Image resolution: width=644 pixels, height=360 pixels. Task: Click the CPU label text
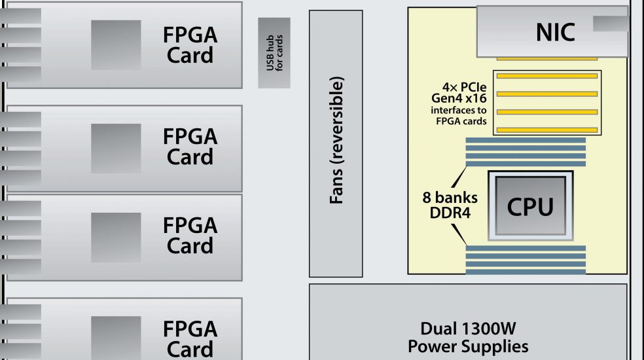[530, 206]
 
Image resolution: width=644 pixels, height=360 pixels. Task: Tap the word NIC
[555, 32]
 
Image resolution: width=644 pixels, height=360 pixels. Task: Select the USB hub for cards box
[274, 52]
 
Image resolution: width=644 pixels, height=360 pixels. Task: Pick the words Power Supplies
[468, 346]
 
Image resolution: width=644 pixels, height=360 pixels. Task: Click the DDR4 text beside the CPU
[450, 213]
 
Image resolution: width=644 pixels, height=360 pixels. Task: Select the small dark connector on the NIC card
[611, 24]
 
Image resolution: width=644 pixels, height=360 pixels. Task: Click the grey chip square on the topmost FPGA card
[116, 45]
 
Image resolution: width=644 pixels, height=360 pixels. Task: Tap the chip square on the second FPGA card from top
[116, 149]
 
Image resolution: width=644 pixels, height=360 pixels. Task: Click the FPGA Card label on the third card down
[190, 236]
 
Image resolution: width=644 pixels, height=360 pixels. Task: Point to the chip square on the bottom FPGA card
[116, 338]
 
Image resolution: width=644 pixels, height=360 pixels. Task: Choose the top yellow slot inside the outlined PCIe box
[546, 76]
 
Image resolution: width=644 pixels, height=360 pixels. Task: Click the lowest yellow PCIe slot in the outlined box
[546, 130]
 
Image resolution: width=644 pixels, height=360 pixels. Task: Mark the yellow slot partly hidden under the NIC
[546, 59]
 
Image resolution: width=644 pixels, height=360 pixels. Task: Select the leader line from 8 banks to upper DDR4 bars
[459, 177]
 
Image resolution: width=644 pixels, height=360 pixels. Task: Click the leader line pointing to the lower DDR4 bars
[459, 234]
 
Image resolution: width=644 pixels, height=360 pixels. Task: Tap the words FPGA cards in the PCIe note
[461, 121]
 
